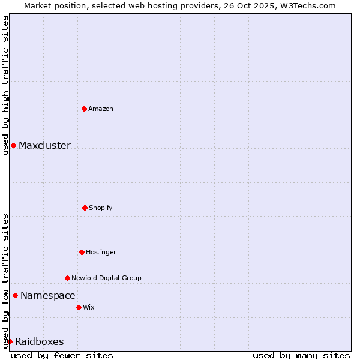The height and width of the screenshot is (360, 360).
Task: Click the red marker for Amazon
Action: click(85, 109)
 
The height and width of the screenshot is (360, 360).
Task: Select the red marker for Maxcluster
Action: click(13, 145)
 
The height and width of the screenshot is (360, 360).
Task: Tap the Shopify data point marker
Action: click(85, 208)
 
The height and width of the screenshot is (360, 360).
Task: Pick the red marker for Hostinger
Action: click(82, 252)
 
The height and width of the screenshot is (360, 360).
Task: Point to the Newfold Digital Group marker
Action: click(67, 278)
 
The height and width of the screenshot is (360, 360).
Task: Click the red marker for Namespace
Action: click(15, 295)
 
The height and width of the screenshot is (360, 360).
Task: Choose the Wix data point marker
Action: click(79, 307)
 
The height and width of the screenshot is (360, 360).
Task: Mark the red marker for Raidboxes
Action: click(10, 341)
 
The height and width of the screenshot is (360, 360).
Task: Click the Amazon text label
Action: click(101, 109)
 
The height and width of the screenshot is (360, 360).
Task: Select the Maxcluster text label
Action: click(44, 146)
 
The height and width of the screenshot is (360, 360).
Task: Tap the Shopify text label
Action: click(101, 208)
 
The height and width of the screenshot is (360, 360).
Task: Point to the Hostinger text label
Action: click(101, 253)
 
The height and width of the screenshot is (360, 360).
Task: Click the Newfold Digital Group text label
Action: click(106, 278)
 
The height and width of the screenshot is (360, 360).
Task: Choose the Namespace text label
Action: click(48, 296)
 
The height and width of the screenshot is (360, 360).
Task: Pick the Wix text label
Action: click(89, 308)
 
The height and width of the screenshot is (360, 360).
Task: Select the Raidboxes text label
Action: click(40, 342)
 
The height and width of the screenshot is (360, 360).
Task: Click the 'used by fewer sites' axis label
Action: click(62, 355)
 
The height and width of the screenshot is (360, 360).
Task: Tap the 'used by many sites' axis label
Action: click(301, 355)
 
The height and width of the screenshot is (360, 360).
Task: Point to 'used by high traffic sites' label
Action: click(5, 85)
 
